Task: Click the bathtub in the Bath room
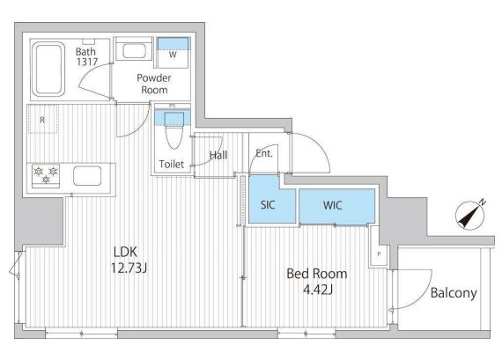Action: point(48,70)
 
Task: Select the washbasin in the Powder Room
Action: point(134,50)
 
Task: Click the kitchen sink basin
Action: point(87,176)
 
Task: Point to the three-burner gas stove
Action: point(46,176)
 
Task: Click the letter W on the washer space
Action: point(173,55)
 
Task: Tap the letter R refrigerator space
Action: point(42,120)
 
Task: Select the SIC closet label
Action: point(268,205)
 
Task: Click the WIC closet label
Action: point(333,205)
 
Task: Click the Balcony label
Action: point(454,293)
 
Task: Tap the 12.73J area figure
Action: point(129,268)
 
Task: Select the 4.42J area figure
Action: point(318,290)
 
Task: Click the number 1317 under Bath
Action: point(87,62)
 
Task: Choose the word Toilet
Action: point(172,165)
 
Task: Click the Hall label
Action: point(218,155)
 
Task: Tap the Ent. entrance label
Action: point(264,154)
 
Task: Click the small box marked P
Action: point(379,254)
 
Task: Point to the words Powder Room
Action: point(154,84)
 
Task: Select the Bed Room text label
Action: point(317,274)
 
